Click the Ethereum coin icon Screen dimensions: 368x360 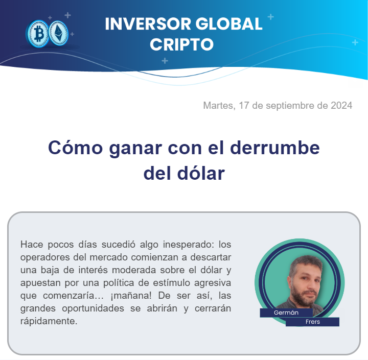pyautogui.click(x=58, y=33)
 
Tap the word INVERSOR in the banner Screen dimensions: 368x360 pyautogui.click(x=148, y=24)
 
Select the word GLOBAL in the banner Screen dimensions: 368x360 pyautogui.click(x=229, y=24)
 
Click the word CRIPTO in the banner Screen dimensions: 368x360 pyautogui.click(x=181, y=44)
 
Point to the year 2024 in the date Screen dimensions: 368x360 pyautogui.click(x=341, y=106)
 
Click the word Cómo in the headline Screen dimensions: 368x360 pyautogui.click(x=75, y=148)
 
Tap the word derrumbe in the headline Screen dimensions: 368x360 pyautogui.click(x=275, y=148)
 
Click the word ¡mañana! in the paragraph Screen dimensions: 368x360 pyautogui.click(x=131, y=296)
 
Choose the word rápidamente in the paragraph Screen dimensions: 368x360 pyautogui.click(x=49, y=321)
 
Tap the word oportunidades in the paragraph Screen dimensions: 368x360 pyautogui.click(x=93, y=308)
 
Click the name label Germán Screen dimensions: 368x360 pyautogui.click(x=286, y=313)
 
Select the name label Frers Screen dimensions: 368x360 pyautogui.click(x=313, y=322)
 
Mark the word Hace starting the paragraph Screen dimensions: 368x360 pyautogui.click(x=32, y=245)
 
